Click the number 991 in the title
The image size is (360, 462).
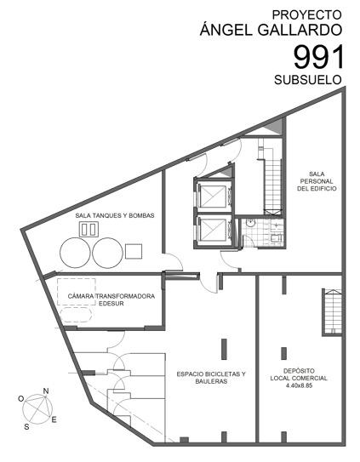point(318,57)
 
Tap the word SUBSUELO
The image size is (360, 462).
point(308,80)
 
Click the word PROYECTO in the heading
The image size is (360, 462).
point(306,14)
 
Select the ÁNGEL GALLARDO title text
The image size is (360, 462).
point(271,29)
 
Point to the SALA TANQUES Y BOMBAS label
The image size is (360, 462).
point(115,215)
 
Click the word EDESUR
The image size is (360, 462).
point(111,304)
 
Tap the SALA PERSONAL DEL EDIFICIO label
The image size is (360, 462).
point(317,181)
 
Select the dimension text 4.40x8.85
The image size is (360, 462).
point(299,385)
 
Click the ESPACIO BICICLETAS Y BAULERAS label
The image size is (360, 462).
point(211,378)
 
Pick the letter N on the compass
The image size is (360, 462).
point(46,391)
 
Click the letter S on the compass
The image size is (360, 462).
point(26,426)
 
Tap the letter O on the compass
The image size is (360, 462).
point(21,399)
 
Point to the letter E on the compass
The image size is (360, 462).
point(54,419)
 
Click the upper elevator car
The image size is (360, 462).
point(212,196)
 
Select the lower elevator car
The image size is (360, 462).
point(212,229)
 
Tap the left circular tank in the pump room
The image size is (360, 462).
point(75,253)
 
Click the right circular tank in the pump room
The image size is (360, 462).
point(107,253)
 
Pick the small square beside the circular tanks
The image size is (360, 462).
point(134,251)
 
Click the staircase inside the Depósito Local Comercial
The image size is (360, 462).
point(333,311)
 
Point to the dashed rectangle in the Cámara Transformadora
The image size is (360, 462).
point(77,291)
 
